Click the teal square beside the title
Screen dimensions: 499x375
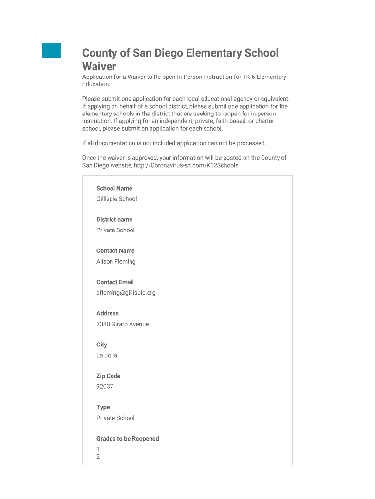(x=52, y=51)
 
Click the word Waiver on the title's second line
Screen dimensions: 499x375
(x=99, y=66)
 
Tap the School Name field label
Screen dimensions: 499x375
(x=114, y=188)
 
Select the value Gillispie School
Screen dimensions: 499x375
(x=116, y=199)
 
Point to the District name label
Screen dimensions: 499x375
(x=114, y=219)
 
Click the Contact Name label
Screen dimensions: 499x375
(x=115, y=250)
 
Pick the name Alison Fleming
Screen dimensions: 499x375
(x=116, y=261)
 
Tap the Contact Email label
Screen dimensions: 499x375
(x=115, y=282)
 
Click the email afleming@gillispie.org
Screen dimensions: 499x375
(x=126, y=292)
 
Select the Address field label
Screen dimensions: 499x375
(x=107, y=313)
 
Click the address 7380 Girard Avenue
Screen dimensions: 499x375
(x=122, y=324)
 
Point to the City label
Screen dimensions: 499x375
(x=101, y=345)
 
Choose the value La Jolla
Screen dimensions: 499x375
(x=107, y=355)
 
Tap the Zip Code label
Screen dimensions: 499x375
(x=108, y=376)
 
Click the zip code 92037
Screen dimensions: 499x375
(x=105, y=386)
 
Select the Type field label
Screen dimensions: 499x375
(x=103, y=407)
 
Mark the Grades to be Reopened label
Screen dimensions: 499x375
(x=128, y=438)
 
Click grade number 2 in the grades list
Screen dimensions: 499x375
(x=98, y=457)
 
